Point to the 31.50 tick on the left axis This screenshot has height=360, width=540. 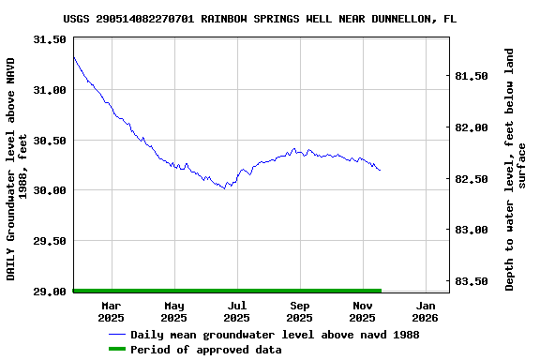(x=50, y=40)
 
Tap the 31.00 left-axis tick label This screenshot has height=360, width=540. (x=50, y=90)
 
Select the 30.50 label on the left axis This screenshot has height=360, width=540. (x=50, y=141)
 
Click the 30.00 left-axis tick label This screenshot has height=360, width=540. (x=50, y=190)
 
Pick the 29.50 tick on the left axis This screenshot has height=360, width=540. (x=50, y=241)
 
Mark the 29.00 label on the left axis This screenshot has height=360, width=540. (x=50, y=292)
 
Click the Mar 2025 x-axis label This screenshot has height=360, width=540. (x=112, y=311)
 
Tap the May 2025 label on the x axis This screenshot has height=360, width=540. (x=174, y=311)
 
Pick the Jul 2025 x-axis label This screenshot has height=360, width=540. (x=237, y=311)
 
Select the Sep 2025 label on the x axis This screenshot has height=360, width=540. (x=300, y=311)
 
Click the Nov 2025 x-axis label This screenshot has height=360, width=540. (x=363, y=311)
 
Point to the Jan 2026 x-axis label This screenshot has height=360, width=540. (x=426, y=311)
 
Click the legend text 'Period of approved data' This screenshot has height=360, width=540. (x=205, y=350)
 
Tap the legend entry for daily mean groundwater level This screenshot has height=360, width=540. (x=275, y=335)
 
